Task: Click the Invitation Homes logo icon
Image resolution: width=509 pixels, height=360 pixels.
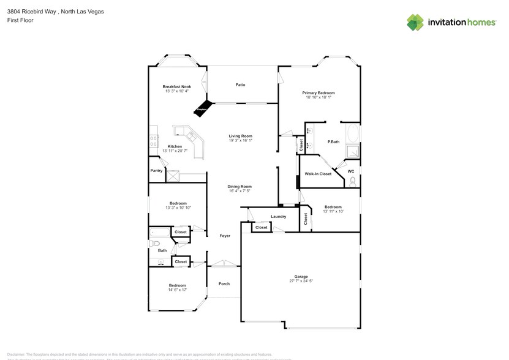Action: pos(415,22)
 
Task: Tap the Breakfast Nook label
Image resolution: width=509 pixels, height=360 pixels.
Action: pos(176,86)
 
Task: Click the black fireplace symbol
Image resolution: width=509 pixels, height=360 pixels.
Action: pos(203,108)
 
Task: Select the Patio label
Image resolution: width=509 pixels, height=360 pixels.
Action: pos(241,84)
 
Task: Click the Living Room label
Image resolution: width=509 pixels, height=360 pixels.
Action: pos(241,136)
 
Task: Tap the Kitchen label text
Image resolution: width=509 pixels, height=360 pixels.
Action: pos(175,146)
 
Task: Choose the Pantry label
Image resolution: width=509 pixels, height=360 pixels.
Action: pos(156,171)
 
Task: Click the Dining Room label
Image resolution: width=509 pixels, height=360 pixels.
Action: pos(239,187)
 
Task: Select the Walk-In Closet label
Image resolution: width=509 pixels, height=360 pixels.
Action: pos(318,174)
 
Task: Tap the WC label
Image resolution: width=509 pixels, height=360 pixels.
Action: pos(351,171)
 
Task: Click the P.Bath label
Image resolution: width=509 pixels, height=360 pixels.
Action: pos(334,142)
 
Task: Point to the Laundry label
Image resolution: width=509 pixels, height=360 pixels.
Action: pos(279,217)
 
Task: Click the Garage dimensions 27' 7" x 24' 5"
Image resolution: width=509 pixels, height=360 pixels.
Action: pos(301,281)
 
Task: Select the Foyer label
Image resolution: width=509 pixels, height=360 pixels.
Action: pos(225,236)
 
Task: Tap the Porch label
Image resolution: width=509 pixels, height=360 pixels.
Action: pos(224,283)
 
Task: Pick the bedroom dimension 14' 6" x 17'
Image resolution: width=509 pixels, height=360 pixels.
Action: pos(178,290)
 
